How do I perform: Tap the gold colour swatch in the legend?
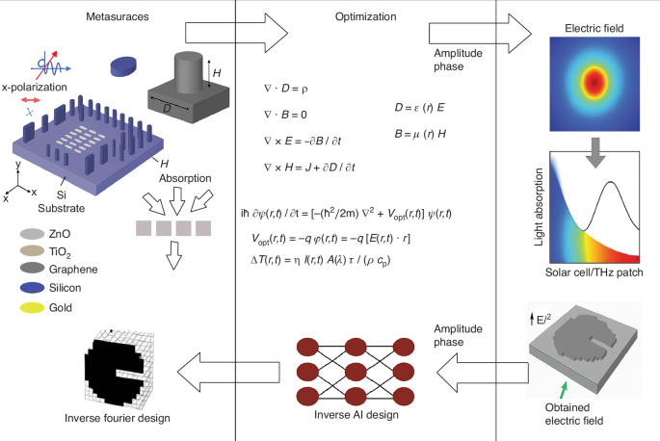pyautogui.click(x=32, y=308)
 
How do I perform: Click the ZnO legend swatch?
pyautogui.click(x=32, y=233)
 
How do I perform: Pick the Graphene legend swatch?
pyautogui.click(x=32, y=270)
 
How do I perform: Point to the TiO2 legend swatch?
pyautogui.click(x=32, y=251)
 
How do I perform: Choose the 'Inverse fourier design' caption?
pyautogui.click(x=118, y=417)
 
